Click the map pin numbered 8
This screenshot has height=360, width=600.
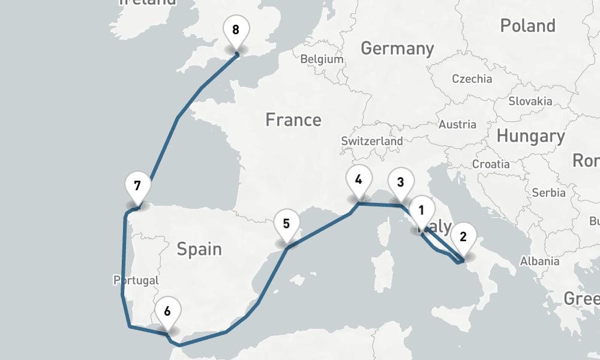(235, 30)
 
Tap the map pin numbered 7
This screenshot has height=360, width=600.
(137, 185)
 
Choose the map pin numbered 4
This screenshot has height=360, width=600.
(358, 179)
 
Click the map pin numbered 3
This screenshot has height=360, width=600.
(401, 182)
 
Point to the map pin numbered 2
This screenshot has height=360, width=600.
(463, 236)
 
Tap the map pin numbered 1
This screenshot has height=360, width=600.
(421, 210)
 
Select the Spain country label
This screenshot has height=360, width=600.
(199, 248)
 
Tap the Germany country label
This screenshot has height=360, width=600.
(397, 49)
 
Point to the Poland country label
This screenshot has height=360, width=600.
(527, 26)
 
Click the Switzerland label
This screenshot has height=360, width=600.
(372, 140)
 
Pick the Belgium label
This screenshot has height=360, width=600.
(322, 59)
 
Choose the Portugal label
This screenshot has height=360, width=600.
(136, 280)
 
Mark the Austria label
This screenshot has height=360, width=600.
(457, 125)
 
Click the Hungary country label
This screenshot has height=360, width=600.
(530, 136)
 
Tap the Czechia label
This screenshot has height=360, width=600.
(472, 79)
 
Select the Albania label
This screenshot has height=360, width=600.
(540, 261)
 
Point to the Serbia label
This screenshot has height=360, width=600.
(548, 193)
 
